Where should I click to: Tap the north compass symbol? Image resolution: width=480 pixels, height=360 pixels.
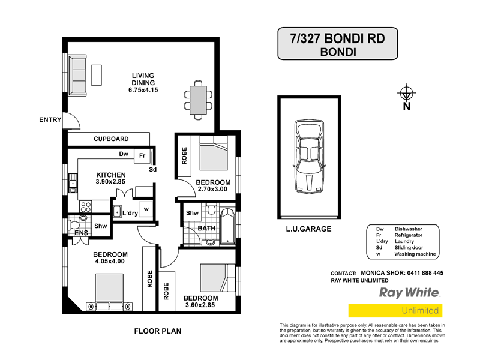406,94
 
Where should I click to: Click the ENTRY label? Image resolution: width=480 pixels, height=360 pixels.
50,119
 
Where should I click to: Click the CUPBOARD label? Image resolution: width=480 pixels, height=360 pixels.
111,139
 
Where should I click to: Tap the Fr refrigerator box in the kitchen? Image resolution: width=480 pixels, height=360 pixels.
142,155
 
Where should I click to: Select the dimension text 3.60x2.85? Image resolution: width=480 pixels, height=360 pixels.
200,305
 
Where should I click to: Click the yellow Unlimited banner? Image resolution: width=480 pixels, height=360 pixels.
394,311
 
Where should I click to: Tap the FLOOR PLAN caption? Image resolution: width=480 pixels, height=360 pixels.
157,331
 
